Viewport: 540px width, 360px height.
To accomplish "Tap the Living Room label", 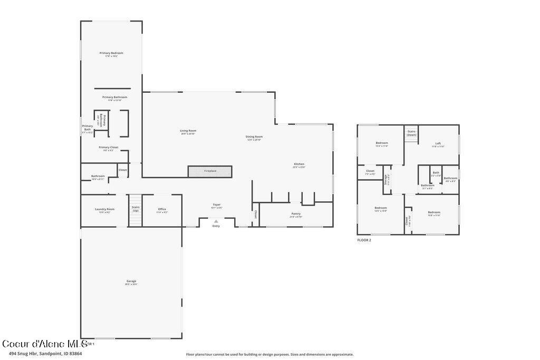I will (x=188, y=131).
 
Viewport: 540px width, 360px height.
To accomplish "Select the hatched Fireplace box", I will (x=210, y=171).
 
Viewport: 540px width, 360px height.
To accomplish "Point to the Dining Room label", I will (x=254, y=137).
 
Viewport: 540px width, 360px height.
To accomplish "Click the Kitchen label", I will (x=299, y=164).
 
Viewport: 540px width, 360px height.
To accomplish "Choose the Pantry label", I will (x=296, y=214).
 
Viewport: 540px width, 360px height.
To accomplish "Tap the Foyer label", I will (x=217, y=205).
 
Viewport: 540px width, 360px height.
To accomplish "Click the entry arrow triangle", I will (x=216, y=221).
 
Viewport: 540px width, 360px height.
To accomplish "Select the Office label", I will (x=162, y=209).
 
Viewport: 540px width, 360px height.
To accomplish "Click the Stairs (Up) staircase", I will (x=136, y=210).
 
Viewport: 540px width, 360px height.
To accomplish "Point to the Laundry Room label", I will (x=104, y=209).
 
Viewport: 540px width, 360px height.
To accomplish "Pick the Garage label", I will (x=131, y=281).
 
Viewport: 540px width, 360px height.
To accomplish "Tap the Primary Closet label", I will (x=108, y=148).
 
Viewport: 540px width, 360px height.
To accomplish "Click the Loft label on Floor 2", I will (x=438, y=143).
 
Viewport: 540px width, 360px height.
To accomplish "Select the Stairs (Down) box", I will (x=411, y=133).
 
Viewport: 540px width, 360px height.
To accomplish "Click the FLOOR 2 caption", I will (x=364, y=240).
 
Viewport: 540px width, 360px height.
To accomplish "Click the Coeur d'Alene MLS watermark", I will (x=45, y=344).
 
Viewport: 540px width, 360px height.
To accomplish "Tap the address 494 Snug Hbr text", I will (x=42, y=354).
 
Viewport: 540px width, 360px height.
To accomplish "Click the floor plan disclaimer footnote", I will (x=269, y=354).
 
